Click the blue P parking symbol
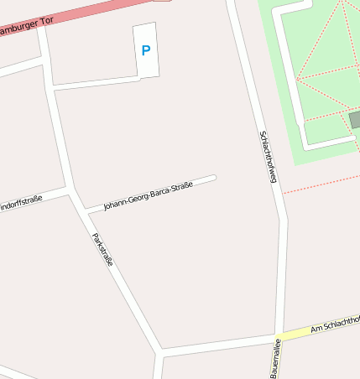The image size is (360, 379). point(146,50)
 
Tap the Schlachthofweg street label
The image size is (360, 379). point(268,157)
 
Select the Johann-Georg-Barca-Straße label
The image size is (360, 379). point(148,195)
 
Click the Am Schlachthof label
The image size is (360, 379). point(335,324)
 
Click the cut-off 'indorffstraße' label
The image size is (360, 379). point(21,203)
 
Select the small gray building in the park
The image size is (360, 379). point(355,120)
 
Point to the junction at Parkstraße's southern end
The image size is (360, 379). point(159,350)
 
